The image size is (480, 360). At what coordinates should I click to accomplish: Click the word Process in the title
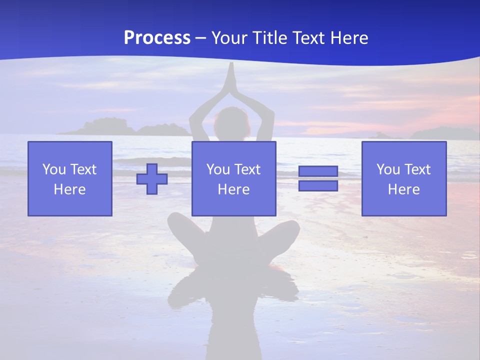pos(157,38)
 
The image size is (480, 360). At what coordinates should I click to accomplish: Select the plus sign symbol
pos(152,179)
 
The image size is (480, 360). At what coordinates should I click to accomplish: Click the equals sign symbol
pos(318,178)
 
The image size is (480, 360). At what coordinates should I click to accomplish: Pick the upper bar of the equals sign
pos(318,171)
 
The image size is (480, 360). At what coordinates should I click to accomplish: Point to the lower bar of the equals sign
pos(318,185)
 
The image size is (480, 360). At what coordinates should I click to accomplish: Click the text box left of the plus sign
pos(70,178)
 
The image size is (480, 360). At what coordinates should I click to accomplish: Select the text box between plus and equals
pos(234,178)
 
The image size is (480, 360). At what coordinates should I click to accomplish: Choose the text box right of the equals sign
pos(404,178)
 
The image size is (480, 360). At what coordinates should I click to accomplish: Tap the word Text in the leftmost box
pos(83,169)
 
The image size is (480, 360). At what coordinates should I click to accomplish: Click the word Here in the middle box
pos(234,189)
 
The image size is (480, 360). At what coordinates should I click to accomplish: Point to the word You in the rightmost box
pos(388,169)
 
